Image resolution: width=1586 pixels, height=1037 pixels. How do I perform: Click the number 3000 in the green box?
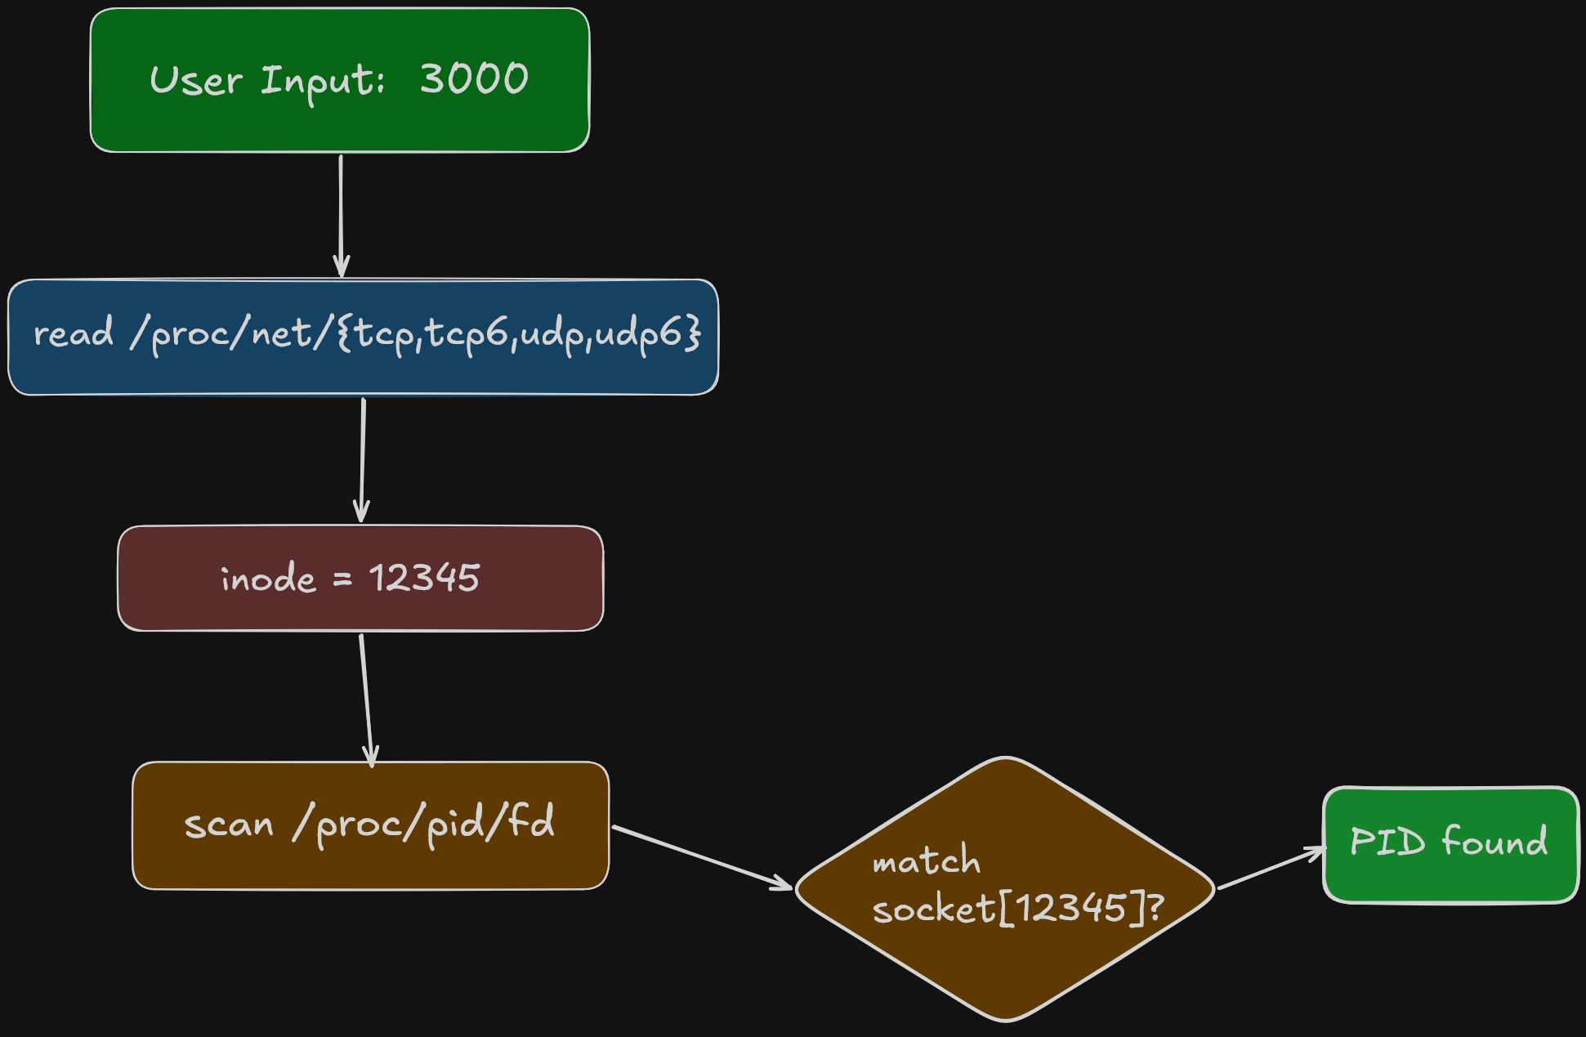pyautogui.click(x=474, y=79)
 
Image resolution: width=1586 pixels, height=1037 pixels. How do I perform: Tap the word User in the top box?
pyautogui.click(x=196, y=81)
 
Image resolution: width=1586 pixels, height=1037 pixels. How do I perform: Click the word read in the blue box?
pyautogui.click(x=73, y=333)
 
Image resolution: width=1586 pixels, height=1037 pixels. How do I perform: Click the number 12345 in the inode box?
pyautogui.click(x=424, y=578)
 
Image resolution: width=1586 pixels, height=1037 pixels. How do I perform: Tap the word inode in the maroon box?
pyautogui.click(x=268, y=579)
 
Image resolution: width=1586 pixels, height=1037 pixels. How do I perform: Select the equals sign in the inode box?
pyautogui.click(x=342, y=579)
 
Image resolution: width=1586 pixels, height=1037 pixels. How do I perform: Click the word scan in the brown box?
pyautogui.click(x=229, y=824)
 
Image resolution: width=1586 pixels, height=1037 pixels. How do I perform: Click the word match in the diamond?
pyautogui.click(x=926, y=860)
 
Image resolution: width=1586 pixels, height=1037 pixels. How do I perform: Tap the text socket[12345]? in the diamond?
pyautogui.click(x=1017, y=908)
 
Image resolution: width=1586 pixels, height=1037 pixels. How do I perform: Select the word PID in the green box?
pyautogui.click(x=1387, y=841)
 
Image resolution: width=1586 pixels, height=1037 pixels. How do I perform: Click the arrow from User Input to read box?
pyautogui.click(x=341, y=216)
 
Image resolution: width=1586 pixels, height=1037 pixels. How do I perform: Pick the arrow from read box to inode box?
pyautogui.click(x=362, y=459)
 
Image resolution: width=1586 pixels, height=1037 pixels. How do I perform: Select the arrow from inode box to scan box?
pyautogui.click(x=366, y=699)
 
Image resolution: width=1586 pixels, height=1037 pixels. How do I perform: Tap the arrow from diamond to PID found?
pyautogui.click(x=1271, y=869)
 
